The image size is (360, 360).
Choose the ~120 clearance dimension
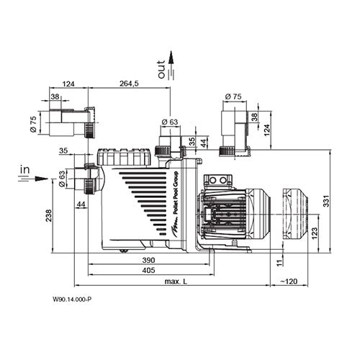pyautogui.click(x=289, y=282)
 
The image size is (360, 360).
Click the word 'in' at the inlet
pyautogui.click(x=24, y=168)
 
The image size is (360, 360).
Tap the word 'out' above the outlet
pyautogui.click(x=162, y=70)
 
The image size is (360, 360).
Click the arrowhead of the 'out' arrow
pyautogui.click(x=171, y=54)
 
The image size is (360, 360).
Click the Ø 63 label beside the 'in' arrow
pyautogui.click(x=62, y=178)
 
